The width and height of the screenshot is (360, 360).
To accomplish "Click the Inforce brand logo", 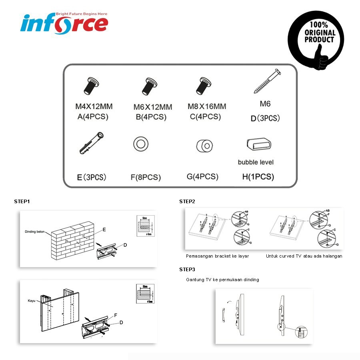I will point(64,22).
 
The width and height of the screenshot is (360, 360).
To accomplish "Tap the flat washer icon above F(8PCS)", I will point(141,144).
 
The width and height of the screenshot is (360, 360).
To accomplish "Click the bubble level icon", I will point(259,144).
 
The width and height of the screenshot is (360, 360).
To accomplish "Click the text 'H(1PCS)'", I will point(258,177).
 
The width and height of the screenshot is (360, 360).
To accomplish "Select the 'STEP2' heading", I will point(187,201).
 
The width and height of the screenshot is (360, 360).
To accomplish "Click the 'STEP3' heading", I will point(187,269).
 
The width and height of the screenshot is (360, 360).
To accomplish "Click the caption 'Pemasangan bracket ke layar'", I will point(217,256).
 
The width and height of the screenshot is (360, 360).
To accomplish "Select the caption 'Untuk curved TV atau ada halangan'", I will point(304,256).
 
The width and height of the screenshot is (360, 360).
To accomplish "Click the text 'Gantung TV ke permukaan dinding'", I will point(222,280).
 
